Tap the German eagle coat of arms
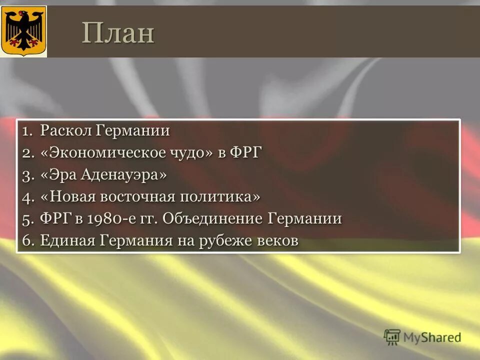(23, 31)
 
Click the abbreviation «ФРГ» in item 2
(246, 153)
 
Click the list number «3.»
(28, 175)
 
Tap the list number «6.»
(28, 240)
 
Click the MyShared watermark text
(432, 337)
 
